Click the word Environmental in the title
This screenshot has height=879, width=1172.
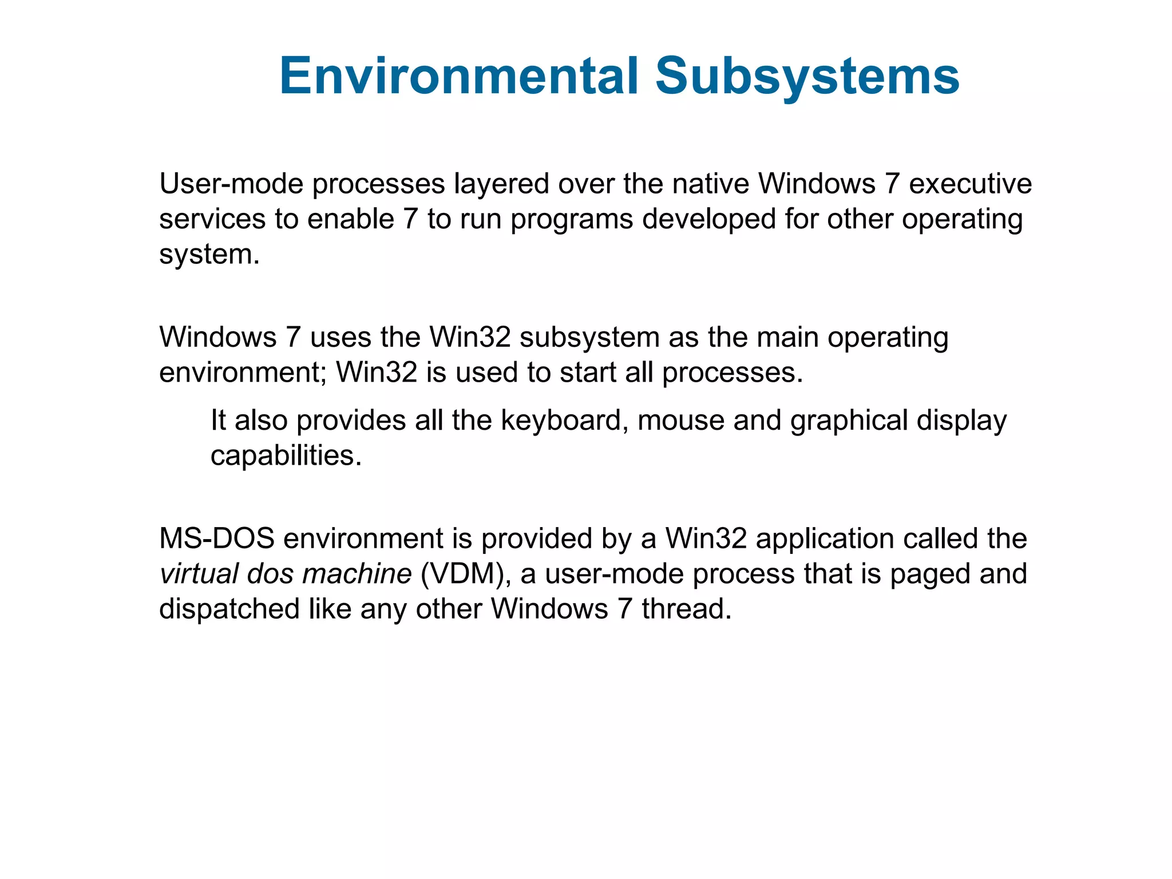458,76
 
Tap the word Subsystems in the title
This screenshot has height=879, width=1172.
807,76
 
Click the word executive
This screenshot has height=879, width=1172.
971,184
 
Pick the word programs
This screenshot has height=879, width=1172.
572,220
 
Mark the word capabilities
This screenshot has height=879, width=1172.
286,456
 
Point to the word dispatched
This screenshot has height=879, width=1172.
229,609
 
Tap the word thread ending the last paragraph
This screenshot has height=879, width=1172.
686,609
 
